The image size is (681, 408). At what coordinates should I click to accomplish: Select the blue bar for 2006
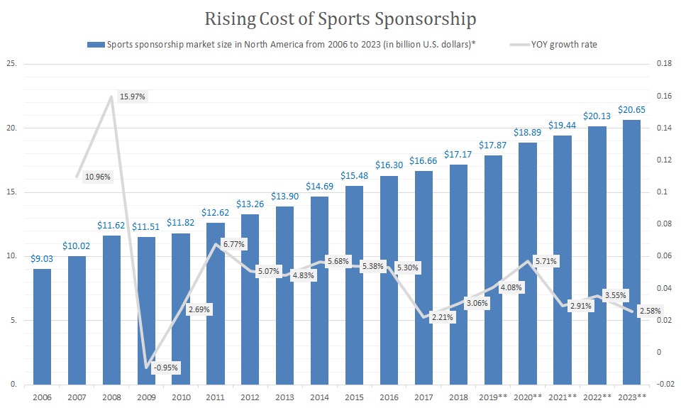click(x=43, y=327)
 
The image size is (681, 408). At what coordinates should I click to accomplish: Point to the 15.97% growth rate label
click(x=133, y=97)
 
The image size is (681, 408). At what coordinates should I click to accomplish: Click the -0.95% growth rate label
click(x=165, y=368)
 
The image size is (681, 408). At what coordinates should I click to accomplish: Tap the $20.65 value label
click(x=631, y=109)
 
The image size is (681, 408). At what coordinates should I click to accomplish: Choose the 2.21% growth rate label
click(x=441, y=317)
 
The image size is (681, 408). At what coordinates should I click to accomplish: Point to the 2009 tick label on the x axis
click(x=146, y=397)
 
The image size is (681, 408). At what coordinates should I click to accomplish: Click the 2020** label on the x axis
click(x=528, y=397)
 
